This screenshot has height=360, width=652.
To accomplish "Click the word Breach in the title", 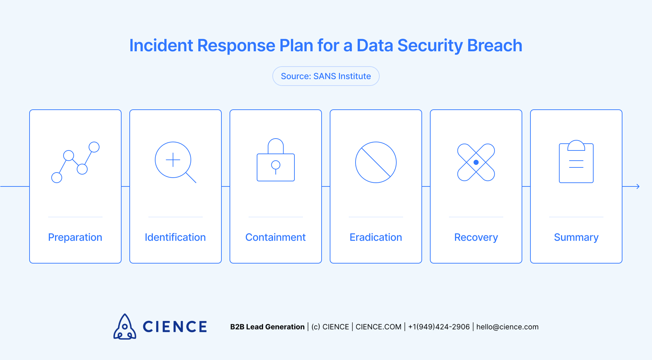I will [x=494, y=46].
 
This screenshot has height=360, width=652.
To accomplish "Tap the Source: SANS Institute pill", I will [x=326, y=76].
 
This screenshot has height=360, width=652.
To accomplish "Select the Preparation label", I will [x=75, y=237].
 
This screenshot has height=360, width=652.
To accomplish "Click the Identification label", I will [x=175, y=237].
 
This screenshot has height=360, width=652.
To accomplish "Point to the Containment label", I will [x=275, y=237].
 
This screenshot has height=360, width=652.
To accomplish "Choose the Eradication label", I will [x=376, y=237].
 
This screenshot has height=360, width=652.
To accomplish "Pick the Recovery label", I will [x=476, y=237].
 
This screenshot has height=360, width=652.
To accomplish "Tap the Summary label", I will [x=576, y=237].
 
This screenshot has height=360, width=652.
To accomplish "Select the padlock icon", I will [x=275, y=160].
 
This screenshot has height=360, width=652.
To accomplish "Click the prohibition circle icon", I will [x=376, y=162].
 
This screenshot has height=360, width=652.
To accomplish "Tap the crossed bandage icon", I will [x=476, y=162].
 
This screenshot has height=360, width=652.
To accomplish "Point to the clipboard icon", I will [x=576, y=162].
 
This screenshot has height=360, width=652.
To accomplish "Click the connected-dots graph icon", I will [x=75, y=162].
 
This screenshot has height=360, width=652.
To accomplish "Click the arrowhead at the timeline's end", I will [x=638, y=186].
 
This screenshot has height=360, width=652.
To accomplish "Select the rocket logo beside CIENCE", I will [x=125, y=327].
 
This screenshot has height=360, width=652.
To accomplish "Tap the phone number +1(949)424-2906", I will [x=439, y=327].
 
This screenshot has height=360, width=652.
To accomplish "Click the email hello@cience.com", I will [x=507, y=327].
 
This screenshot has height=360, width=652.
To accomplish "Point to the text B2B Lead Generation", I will [x=267, y=327].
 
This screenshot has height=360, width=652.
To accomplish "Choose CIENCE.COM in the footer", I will [x=378, y=327].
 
